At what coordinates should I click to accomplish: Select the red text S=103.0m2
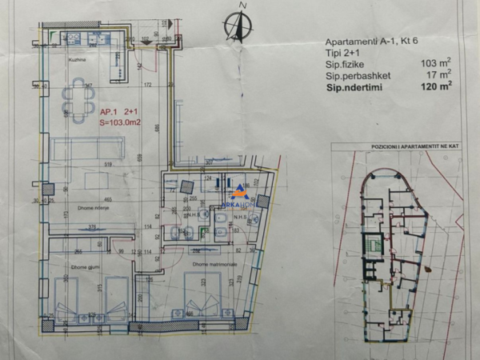tap(120, 123)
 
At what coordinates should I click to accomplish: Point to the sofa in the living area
tap(87, 148)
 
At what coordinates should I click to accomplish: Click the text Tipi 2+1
tap(342, 50)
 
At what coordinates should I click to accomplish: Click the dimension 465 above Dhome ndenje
tap(106, 199)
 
